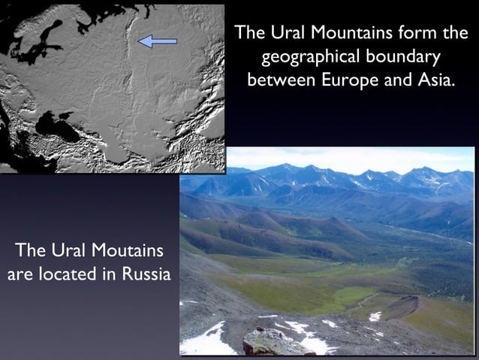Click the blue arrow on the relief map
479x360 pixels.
click(158, 41)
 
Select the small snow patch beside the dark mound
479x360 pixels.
click(375, 316)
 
